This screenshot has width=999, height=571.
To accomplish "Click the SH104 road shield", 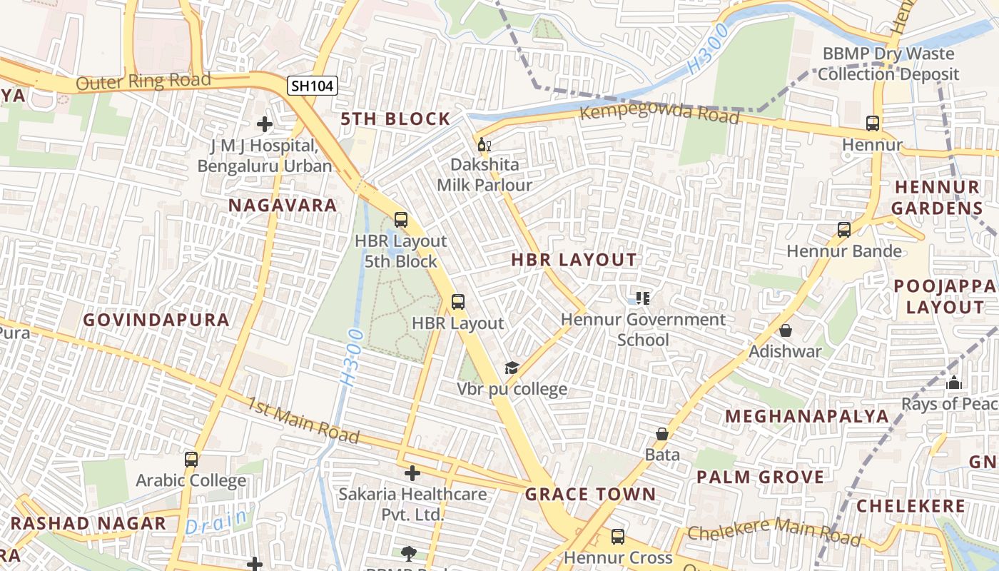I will [313, 86].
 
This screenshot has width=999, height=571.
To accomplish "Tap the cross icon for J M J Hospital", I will [265, 124].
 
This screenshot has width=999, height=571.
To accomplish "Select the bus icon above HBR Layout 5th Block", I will [401, 220].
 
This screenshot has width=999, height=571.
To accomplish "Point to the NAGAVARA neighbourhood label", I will [283, 206].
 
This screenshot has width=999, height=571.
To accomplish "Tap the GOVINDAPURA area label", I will [156, 320].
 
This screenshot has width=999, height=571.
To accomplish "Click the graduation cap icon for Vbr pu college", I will [512, 368].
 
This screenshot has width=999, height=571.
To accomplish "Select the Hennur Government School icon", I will [643, 298].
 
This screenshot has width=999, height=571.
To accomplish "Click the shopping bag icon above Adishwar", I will [785, 330].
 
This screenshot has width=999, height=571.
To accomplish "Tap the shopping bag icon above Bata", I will [662, 434].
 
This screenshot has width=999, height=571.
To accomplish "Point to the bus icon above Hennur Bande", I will [844, 230].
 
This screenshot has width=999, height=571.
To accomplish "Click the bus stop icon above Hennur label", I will [872, 123].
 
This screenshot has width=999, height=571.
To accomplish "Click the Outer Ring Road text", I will [143, 81].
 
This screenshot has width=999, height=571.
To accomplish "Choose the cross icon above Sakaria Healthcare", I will [412, 473].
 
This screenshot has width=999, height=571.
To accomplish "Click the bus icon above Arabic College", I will [191, 460].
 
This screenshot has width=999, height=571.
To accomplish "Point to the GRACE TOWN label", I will [590, 494].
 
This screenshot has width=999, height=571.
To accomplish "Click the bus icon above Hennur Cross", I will [618, 536].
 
